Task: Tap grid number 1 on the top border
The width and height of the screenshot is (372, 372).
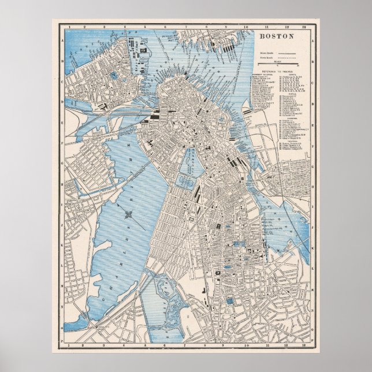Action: [68, 27]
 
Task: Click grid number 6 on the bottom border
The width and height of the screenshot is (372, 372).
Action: [166, 346]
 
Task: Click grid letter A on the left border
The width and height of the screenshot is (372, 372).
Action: [61, 41]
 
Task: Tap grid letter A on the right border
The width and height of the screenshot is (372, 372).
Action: [312, 41]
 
